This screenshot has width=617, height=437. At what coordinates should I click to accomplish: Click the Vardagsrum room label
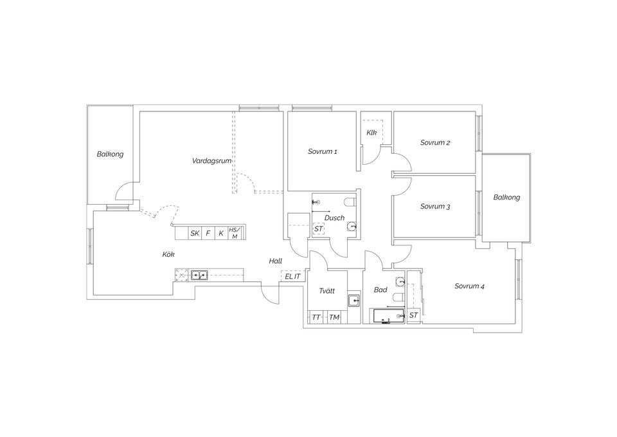coord(211,160)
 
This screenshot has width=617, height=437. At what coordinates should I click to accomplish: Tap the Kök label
coord(168,254)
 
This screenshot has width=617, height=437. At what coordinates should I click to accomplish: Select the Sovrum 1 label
coord(322,152)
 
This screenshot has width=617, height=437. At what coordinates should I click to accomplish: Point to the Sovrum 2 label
coord(435,143)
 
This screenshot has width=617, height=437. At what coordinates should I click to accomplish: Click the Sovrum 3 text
coord(435,207)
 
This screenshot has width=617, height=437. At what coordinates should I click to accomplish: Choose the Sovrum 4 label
coord(469,286)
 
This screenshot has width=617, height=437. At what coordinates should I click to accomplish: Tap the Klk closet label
coord(371,133)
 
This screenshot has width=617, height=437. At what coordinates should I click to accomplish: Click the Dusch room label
coord(334,218)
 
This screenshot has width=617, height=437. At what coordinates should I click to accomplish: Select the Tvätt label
coord(326,291)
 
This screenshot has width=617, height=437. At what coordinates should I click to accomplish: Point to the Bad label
coord(380,290)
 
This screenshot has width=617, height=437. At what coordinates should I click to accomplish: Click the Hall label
coord(276,261)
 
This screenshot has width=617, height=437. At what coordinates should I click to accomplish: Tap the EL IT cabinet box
coord(292,276)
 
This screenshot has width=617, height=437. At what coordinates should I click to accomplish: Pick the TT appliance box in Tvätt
coord(316,317)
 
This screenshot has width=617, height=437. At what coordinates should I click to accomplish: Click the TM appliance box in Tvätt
coord(334,317)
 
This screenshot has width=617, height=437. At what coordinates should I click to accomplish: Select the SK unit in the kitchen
coord(194,233)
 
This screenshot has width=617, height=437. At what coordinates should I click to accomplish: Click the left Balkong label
coord(110,154)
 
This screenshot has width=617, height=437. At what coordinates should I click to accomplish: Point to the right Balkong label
coord(506,198)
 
